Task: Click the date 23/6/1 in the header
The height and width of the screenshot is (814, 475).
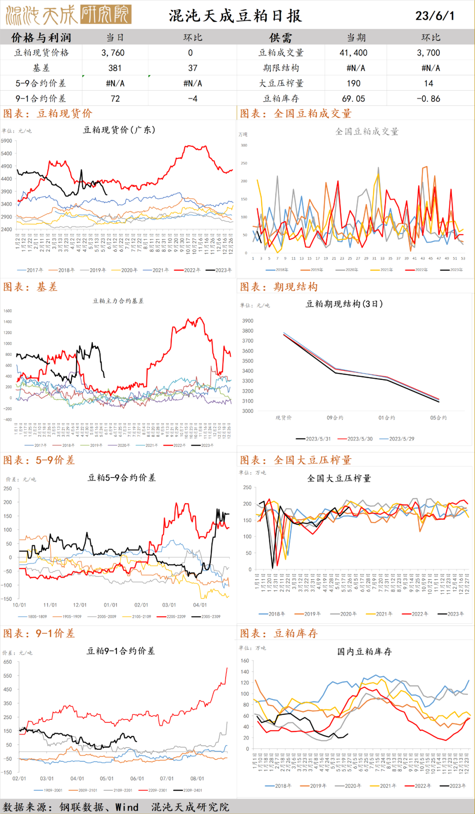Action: [x=435, y=16]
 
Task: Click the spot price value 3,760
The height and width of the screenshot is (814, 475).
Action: [x=113, y=53]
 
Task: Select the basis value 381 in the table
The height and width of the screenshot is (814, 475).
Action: [x=115, y=68]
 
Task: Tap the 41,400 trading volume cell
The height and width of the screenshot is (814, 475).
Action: [x=353, y=53]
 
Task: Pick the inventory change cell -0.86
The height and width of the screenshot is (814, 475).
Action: [x=428, y=99]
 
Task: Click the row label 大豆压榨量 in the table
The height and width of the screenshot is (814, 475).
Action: [x=281, y=84]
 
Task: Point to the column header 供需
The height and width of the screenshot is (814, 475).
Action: [x=281, y=38]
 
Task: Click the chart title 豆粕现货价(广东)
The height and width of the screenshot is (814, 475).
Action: [x=119, y=130]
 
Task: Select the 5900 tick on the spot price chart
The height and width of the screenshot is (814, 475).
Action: [x=7, y=141]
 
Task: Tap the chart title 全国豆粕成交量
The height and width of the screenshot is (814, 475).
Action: [x=366, y=131]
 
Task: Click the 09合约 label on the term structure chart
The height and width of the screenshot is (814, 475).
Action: [x=335, y=418]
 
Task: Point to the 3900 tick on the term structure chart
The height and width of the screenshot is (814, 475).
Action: [x=248, y=321]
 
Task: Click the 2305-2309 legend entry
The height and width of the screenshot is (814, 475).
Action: [x=211, y=617]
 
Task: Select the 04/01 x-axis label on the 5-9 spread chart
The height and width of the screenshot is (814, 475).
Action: [x=200, y=605]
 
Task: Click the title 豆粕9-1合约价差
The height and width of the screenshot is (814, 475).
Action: [x=121, y=651]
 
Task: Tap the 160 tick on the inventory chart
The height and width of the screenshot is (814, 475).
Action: [x=245, y=661]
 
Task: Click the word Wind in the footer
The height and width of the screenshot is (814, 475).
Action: [x=127, y=807]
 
